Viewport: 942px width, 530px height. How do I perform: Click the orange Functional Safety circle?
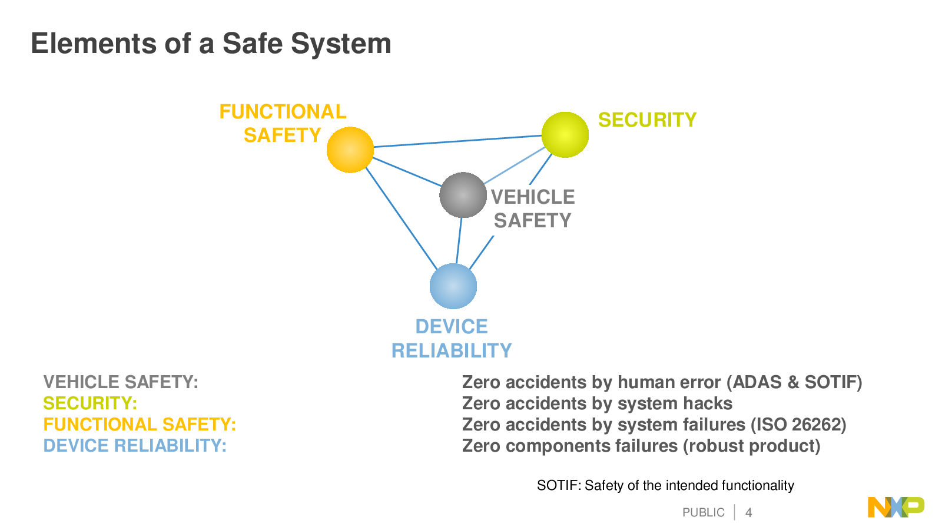[x=350, y=150]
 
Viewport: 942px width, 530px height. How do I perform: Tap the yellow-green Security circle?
[x=565, y=135]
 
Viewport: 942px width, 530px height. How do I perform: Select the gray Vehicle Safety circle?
[x=463, y=195]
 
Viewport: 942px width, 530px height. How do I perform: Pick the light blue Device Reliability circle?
[x=453, y=286]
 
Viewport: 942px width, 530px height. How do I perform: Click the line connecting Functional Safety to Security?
[x=457, y=141]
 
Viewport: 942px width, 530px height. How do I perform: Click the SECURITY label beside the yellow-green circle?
[x=647, y=120]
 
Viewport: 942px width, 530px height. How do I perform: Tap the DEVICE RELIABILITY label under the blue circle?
[x=452, y=339]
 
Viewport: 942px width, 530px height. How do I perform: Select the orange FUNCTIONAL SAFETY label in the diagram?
[x=283, y=123]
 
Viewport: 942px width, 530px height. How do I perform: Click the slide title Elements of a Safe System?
[x=211, y=44]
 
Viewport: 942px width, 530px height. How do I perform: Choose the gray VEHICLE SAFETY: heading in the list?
[x=121, y=382]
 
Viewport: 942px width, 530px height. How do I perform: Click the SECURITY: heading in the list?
[x=90, y=403]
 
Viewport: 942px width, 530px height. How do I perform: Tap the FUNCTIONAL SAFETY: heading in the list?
[x=140, y=425]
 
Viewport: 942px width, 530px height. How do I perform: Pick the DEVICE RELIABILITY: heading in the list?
[x=135, y=446]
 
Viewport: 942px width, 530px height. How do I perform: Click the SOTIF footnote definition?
[x=665, y=485]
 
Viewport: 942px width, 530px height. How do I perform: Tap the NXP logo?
[x=895, y=507]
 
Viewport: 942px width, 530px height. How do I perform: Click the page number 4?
[x=748, y=512]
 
